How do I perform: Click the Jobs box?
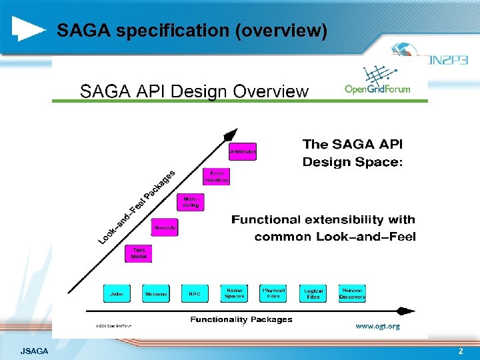116,293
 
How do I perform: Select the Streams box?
156,293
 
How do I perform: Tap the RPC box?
195,293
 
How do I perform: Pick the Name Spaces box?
235,293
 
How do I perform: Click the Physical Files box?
273,293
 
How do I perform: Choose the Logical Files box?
313,293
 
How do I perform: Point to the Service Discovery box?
352,293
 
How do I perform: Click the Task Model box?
139,253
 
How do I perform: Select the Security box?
165,228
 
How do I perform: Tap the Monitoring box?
191,201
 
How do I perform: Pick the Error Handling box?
217,176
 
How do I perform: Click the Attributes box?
243,151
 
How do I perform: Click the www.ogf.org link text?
377,326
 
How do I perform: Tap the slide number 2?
460,351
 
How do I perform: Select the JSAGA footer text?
34,351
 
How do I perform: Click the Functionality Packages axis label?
241,319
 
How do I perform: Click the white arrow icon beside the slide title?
29,29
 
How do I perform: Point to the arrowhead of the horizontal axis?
407,311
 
